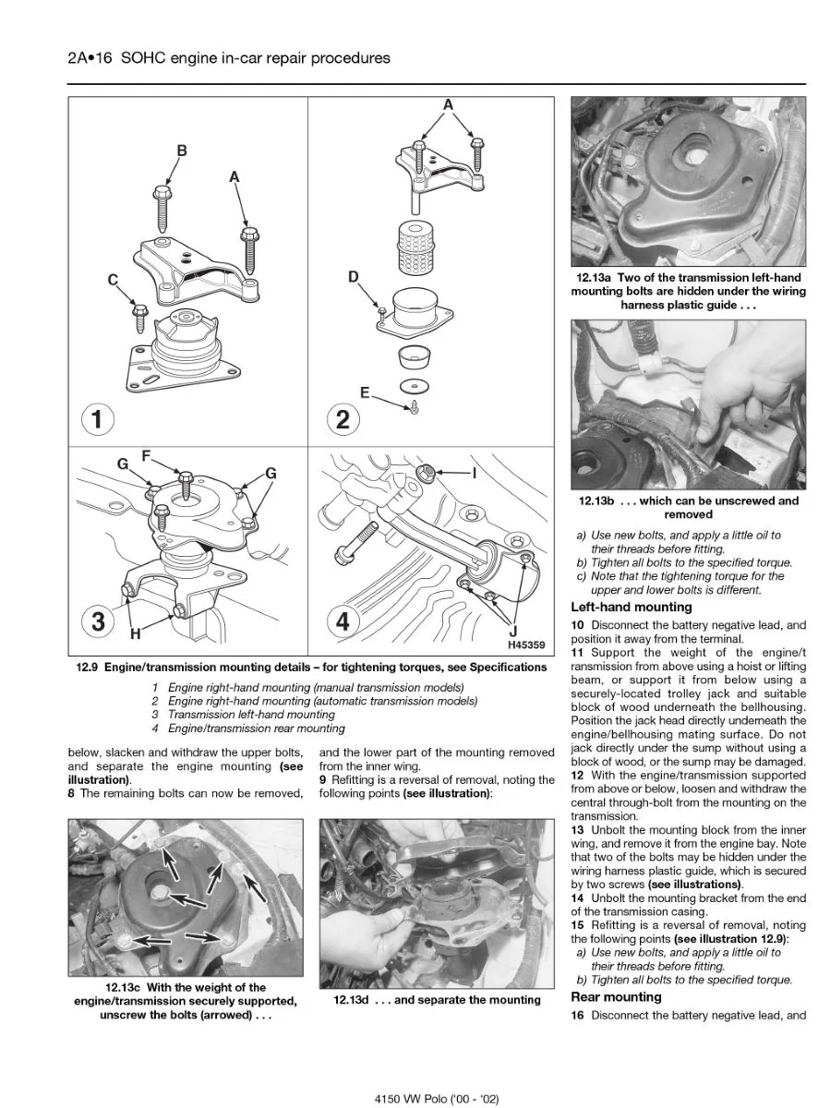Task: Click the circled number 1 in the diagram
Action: coord(97,418)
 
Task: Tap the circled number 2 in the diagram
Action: coord(343,418)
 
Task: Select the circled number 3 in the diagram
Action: coord(99,622)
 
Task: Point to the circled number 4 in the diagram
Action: coord(343,622)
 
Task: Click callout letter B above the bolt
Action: coord(182,151)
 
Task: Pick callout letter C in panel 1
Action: coord(113,281)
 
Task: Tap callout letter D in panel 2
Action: coord(354,277)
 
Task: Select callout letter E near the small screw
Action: coord(366,393)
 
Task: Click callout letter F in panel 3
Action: coord(146,455)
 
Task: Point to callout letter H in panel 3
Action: coord(135,634)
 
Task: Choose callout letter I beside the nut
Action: coord(475,473)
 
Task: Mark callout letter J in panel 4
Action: coord(513,632)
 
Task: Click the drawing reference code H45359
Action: coord(526,644)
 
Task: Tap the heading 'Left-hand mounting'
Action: coord(632,607)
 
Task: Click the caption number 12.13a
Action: coord(595,278)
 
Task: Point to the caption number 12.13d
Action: coord(351,1000)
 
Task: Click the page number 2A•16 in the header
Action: coord(90,58)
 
